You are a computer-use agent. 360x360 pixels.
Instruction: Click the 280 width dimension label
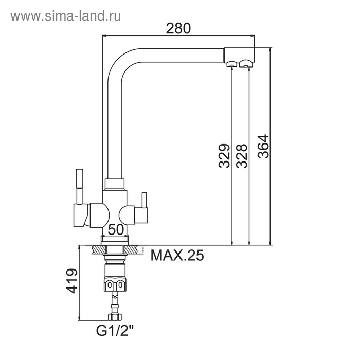click(178, 28)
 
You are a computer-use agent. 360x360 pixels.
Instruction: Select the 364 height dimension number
click(263, 146)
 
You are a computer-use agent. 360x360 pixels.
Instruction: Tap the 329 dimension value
click(224, 156)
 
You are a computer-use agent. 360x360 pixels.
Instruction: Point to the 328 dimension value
click(242, 156)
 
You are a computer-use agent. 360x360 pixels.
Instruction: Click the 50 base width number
click(116, 229)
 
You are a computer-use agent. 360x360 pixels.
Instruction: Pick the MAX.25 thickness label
click(177, 255)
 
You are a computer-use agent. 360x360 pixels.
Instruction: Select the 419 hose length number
click(72, 281)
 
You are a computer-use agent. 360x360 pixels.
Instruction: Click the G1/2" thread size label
click(115, 331)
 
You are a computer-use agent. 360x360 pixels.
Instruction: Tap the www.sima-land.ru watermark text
click(66, 16)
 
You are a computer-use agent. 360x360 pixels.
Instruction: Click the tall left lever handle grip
click(79, 179)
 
